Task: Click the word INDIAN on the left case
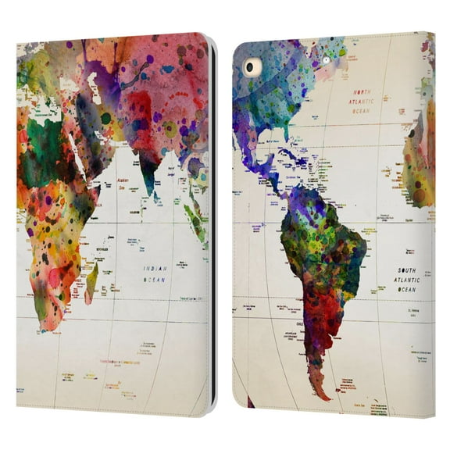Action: (x=154, y=268)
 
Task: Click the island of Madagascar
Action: (x=91, y=281)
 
